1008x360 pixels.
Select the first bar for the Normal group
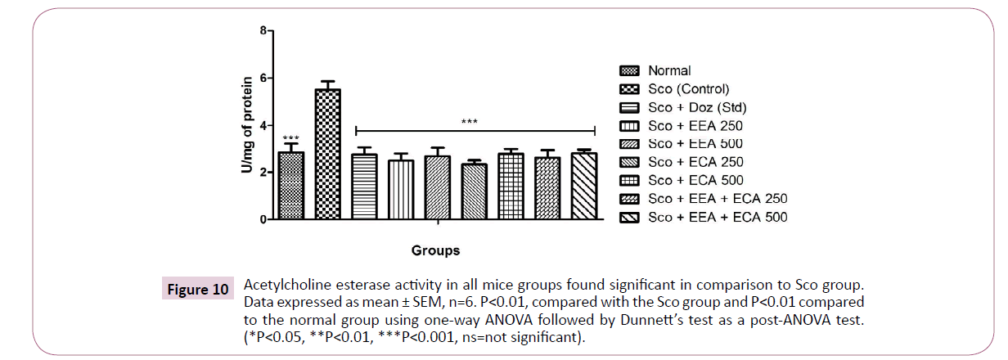(x=290, y=187)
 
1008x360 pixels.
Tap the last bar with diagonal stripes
(x=583, y=187)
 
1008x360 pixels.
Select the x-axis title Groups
(x=435, y=250)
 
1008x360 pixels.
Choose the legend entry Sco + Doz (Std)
(x=696, y=107)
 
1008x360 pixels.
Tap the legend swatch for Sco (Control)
(x=629, y=89)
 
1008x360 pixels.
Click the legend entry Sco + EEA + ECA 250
(x=717, y=199)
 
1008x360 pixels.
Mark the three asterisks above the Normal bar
(x=290, y=139)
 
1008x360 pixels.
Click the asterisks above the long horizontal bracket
(x=470, y=123)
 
